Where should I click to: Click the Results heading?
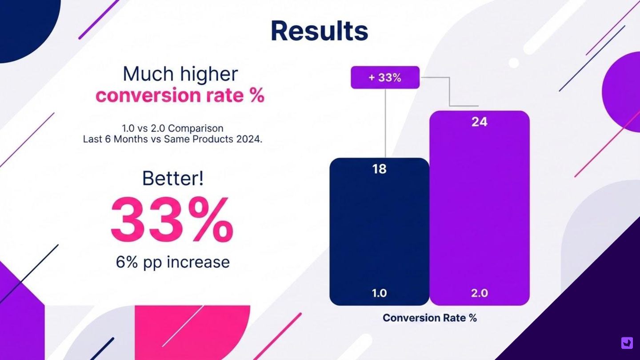pyautogui.click(x=319, y=31)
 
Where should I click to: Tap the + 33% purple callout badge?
pyautogui.click(x=385, y=77)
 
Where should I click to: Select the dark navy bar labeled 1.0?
pyautogui.click(x=379, y=231)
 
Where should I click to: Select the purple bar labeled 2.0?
pyautogui.click(x=479, y=209)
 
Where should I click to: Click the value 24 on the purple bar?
pyautogui.click(x=479, y=122)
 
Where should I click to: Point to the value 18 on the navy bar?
pyautogui.click(x=379, y=169)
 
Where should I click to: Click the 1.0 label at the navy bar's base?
pyautogui.click(x=379, y=293)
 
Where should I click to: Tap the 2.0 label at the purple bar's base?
pyautogui.click(x=479, y=293)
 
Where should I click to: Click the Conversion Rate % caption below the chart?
pyautogui.click(x=429, y=318)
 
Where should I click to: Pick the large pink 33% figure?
pyautogui.click(x=172, y=220)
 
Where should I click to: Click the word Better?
pyautogui.click(x=173, y=178)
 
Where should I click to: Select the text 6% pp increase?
pyautogui.click(x=173, y=262)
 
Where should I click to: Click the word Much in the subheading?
pyautogui.click(x=143, y=74)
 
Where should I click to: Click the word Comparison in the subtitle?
pyautogui.click(x=196, y=128)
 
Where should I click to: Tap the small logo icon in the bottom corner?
pyautogui.click(x=627, y=343)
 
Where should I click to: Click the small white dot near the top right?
pyautogui.click(x=514, y=63)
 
